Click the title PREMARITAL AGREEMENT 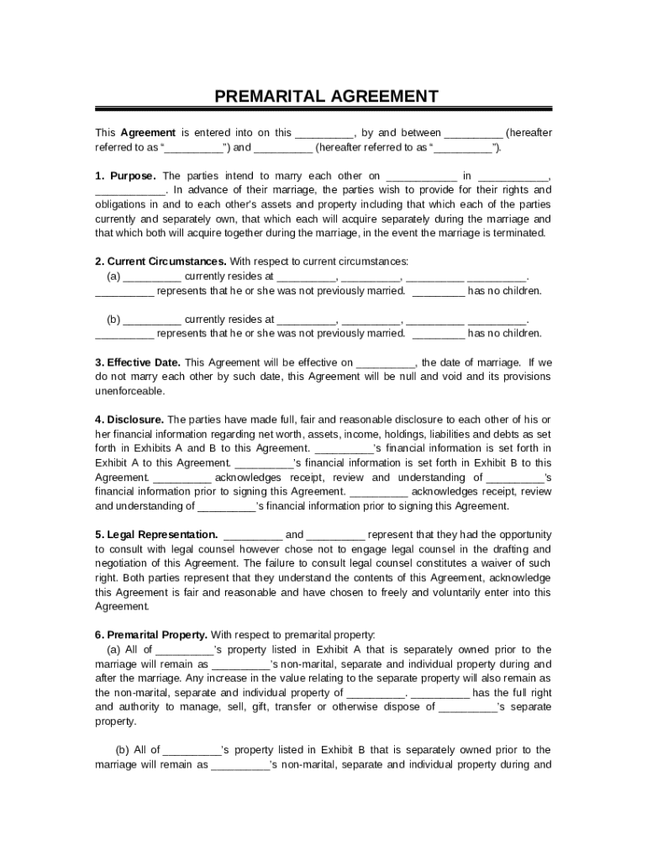coord(326,96)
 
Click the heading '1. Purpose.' coord(125,176)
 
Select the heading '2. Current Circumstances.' coord(160,261)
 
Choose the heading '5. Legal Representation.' coord(156,534)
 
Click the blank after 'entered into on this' coord(324,134)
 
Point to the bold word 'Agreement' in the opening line coord(148,133)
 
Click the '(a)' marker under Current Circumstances coord(113,276)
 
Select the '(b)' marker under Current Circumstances coord(113,320)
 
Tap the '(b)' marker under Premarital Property coord(122,750)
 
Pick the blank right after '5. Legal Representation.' coord(253,536)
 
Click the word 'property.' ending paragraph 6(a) coord(115,721)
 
